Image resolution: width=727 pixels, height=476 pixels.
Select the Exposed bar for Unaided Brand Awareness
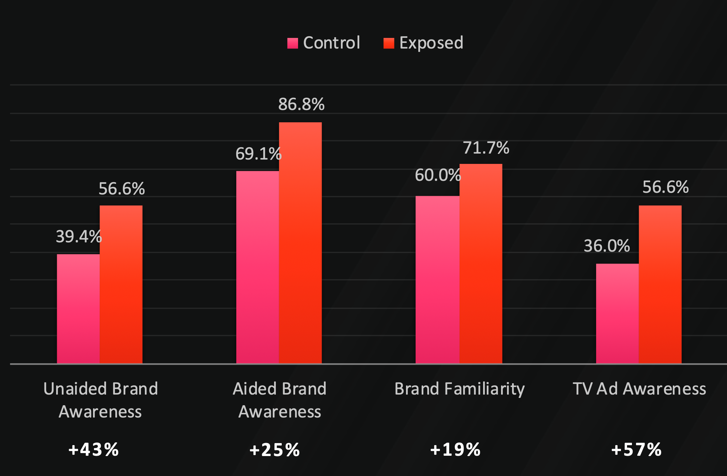(x=121, y=284)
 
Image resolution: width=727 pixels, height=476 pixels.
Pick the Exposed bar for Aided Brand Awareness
(x=300, y=243)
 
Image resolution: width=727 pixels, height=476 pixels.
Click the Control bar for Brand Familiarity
(x=437, y=280)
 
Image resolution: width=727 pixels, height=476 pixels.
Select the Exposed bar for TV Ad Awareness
(x=660, y=284)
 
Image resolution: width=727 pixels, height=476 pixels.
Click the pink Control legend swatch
(x=292, y=43)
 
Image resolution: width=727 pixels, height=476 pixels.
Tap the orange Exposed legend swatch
(x=389, y=43)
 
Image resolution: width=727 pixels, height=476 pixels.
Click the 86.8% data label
(x=301, y=104)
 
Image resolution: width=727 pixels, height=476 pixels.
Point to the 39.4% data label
(x=78, y=237)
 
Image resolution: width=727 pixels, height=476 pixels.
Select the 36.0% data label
(x=607, y=246)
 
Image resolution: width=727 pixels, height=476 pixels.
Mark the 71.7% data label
(x=486, y=148)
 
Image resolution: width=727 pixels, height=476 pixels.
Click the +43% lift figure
(x=93, y=449)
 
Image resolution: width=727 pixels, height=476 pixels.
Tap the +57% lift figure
(x=636, y=449)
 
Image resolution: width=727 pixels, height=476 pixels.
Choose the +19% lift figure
(x=455, y=449)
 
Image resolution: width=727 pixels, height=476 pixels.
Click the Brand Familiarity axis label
(x=460, y=389)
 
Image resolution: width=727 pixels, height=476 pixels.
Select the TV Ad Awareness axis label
(x=639, y=389)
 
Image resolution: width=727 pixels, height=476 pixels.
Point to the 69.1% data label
(x=258, y=154)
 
